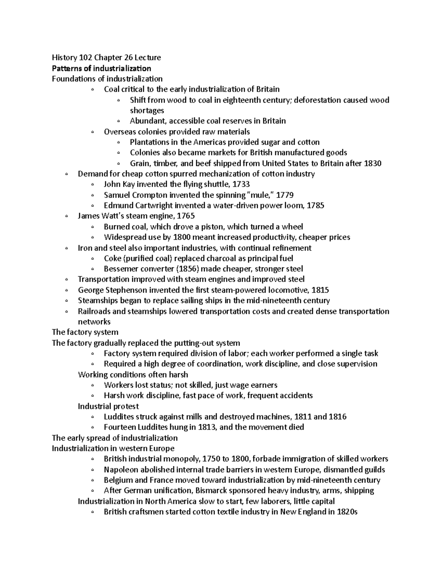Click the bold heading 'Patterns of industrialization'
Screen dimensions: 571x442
(101, 68)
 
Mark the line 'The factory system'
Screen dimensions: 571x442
(85, 332)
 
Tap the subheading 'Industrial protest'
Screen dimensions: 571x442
(108, 406)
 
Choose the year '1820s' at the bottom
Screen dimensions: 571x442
(347, 512)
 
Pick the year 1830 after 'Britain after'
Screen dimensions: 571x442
(373, 163)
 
